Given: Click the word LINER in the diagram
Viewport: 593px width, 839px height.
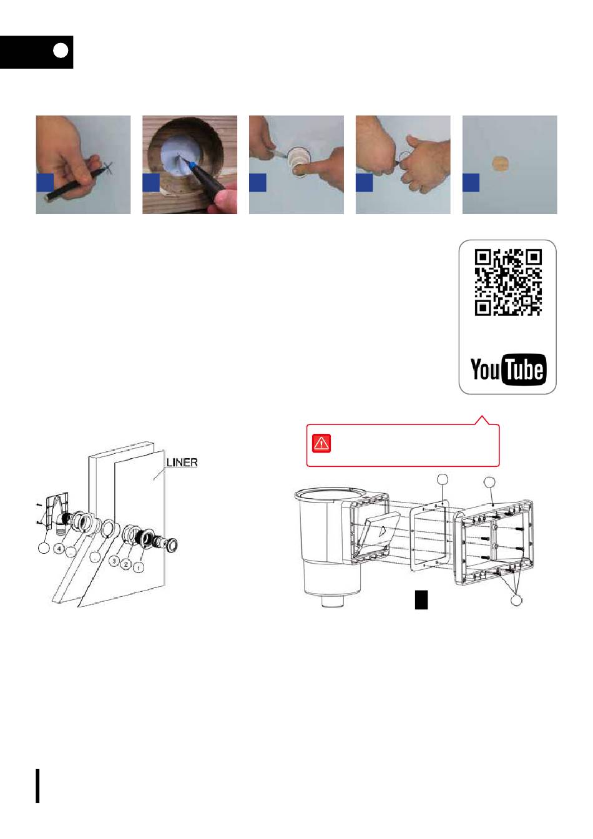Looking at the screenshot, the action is pos(182,462).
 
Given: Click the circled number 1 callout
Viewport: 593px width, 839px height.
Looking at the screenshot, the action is pos(139,568).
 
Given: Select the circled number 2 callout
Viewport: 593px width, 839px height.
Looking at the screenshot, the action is pos(126,564).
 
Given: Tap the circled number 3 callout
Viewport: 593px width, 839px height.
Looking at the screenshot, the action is pos(114,561).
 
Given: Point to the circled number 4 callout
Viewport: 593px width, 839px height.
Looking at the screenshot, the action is pos(59,549).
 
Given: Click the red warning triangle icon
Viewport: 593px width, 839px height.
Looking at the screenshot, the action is pos(321,443).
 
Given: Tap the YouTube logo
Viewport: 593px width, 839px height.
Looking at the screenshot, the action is pos(508,369).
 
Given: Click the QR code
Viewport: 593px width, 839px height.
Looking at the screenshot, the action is pos(508,282).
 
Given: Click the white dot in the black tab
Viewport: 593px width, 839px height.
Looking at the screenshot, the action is pos(61,51).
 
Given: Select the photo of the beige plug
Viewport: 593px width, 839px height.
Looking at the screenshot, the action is pos(509,164).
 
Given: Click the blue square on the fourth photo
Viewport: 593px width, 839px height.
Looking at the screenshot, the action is pos(364,182).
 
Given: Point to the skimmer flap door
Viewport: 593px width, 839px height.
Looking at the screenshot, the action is pos(378,529).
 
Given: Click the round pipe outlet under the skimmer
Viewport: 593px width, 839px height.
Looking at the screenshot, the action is pos(333,601).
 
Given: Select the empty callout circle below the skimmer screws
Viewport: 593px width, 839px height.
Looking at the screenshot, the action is pos(516,601).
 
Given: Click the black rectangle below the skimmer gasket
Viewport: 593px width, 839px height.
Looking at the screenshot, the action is pos(421,600).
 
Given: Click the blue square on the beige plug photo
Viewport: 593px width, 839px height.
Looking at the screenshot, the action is pos(471,182).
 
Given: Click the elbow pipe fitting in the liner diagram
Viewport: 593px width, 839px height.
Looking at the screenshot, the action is pos(61,523).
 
